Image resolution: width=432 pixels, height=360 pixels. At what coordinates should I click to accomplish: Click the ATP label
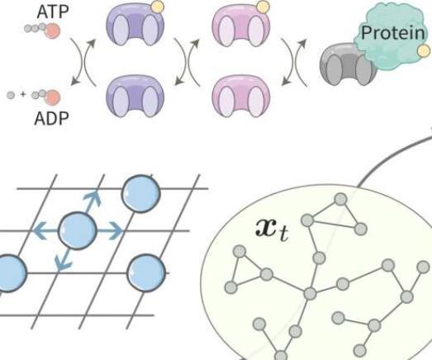click(x=52, y=12)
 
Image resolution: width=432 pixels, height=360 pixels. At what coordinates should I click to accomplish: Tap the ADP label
click(x=51, y=119)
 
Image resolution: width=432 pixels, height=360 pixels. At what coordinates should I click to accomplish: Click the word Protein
click(x=392, y=32)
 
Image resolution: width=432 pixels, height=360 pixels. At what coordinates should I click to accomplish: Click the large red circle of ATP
click(x=52, y=31)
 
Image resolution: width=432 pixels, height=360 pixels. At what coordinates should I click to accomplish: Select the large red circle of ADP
click(x=52, y=97)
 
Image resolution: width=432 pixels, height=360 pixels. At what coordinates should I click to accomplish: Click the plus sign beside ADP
click(x=23, y=94)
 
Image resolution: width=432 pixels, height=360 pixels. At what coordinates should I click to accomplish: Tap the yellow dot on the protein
click(x=424, y=51)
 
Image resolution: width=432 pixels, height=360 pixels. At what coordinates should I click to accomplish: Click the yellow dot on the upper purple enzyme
click(x=158, y=7)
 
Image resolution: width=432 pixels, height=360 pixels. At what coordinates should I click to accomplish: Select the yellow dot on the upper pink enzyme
click(x=263, y=7)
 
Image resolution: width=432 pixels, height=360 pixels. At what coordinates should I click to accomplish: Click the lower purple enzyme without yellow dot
click(x=135, y=96)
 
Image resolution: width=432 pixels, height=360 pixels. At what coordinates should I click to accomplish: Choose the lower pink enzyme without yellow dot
click(x=241, y=96)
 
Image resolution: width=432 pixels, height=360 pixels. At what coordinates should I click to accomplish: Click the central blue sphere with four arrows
click(x=78, y=231)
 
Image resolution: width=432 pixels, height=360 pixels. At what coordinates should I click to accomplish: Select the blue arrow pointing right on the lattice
click(x=110, y=231)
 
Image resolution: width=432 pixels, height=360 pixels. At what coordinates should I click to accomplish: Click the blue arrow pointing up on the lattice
click(x=93, y=202)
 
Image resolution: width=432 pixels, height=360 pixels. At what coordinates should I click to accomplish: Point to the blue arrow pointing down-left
click(x=63, y=259)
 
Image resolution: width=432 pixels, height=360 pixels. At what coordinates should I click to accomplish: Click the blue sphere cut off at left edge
click(x=12, y=273)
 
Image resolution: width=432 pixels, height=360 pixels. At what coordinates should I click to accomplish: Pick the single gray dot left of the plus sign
click(x=11, y=95)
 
